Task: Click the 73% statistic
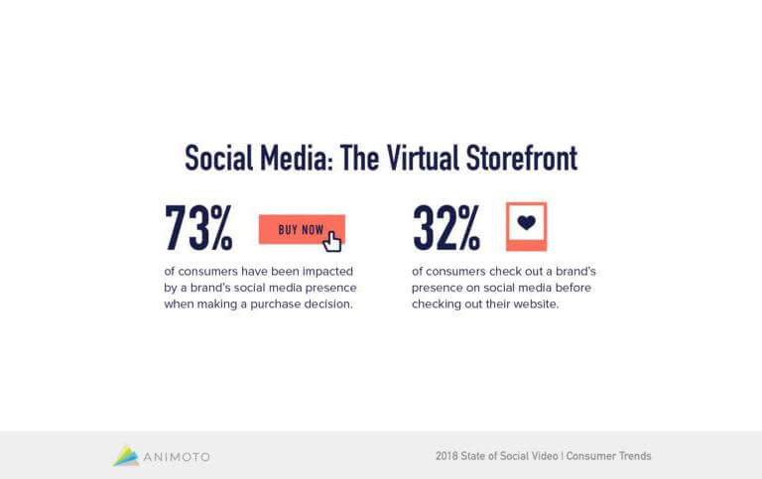(x=198, y=228)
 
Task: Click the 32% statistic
(x=446, y=228)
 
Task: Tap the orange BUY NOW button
(x=300, y=229)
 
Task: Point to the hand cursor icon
(x=332, y=241)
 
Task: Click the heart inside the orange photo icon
(x=526, y=222)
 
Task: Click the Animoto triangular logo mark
(x=125, y=455)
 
